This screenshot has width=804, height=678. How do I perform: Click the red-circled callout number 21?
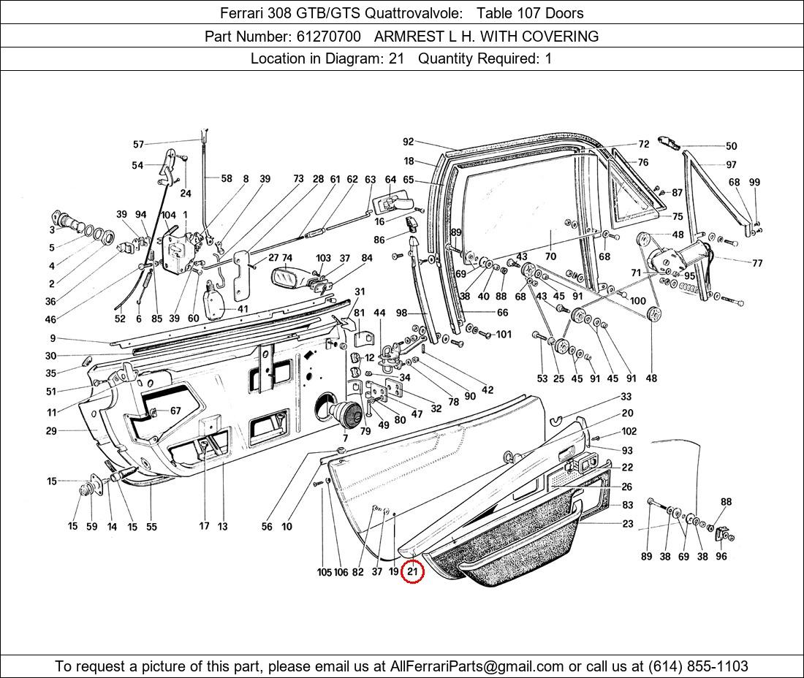[x=412, y=571]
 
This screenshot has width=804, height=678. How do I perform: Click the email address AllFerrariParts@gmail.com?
[x=477, y=666]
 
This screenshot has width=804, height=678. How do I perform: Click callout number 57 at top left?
[x=138, y=144]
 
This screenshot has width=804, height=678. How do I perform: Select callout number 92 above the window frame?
[x=408, y=142]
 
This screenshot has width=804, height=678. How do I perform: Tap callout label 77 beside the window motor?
[x=756, y=263]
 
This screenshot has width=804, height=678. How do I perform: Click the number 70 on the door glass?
[x=550, y=256]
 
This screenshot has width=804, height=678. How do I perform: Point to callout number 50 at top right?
[x=731, y=146]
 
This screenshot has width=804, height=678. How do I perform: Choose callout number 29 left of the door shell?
[x=51, y=431]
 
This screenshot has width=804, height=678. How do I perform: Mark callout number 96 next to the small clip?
[x=721, y=556]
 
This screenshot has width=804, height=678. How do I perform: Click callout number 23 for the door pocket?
[x=628, y=524]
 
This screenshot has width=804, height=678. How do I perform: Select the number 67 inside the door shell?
[x=175, y=411]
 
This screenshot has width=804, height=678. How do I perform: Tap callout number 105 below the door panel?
[x=324, y=572]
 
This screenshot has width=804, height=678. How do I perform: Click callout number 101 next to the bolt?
[x=504, y=335]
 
